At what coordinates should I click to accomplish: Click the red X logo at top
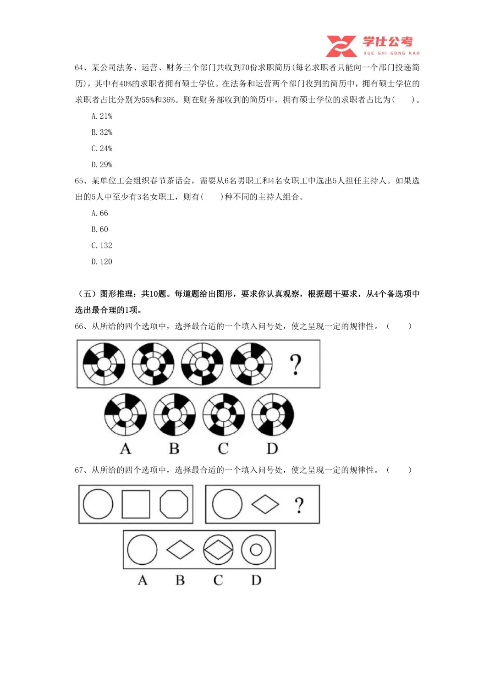click(x=341, y=46)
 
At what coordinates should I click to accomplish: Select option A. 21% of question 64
click(x=102, y=116)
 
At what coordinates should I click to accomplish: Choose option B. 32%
click(x=102, y=132)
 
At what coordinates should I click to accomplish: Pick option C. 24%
click(x=102, y=149)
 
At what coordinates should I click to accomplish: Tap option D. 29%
click(x=102, y=165)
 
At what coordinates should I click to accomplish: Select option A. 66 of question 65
click(x=100, y=213)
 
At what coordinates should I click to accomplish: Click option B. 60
click(x=100, y=229)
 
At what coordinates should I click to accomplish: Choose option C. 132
click(x=102, y=245)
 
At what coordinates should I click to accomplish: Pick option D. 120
click(x=102, y=262)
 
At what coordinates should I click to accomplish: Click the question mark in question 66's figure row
click(x=296, y=364)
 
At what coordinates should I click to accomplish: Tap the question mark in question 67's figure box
click(x=299, y=505)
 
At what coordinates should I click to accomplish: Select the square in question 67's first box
click(x=136, y=504)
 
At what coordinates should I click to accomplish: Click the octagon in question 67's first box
click(x=174, y=504)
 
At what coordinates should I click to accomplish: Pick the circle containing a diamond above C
click(x=218, y=550)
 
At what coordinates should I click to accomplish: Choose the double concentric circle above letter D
click(x=256, y=550)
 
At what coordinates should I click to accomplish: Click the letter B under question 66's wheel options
click(x=174, y=448)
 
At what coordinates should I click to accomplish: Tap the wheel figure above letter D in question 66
click(x=273, y=414)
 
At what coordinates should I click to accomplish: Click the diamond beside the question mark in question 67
click(x=265, y=504)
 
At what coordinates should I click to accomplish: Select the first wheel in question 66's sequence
click(x=104, y=364)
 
